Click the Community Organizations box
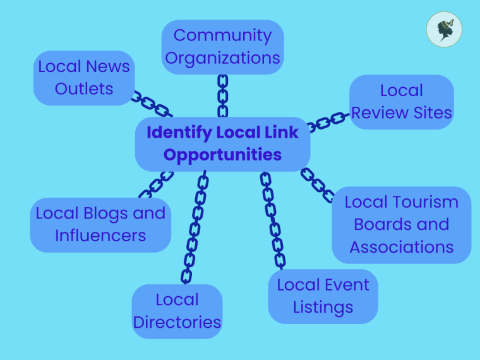[222, 47]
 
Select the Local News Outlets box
[83, 78]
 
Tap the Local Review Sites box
[402, 102]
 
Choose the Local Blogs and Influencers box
[100, 224]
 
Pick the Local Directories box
[177, 311]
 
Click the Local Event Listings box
[323, 296]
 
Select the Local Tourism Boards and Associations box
[402, 224]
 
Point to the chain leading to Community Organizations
[222, 95]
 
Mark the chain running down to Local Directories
[194, 227]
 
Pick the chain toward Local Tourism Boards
[318, 184]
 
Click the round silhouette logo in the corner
[444, 30]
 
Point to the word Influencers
[100, 236]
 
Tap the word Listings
[323, 308]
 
